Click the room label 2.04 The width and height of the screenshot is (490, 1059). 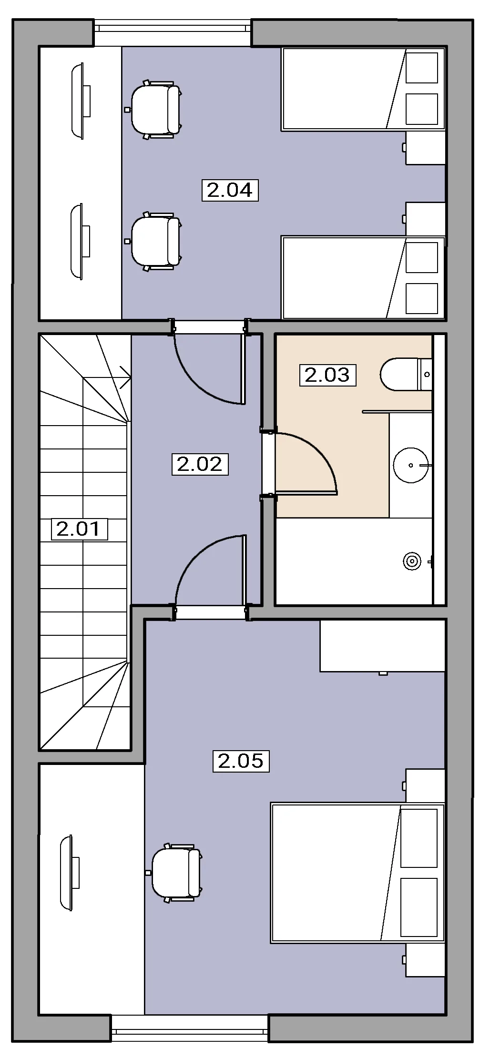click(x=230, y=190)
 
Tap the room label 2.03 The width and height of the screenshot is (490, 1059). click(x=327, y=375)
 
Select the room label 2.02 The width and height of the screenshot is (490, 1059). click(x=200, y=464)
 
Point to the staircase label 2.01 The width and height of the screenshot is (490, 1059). click(x=79, y=529)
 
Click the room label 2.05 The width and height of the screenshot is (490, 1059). click(x=241, y=760)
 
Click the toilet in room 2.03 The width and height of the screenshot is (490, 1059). click(x=406, y=374)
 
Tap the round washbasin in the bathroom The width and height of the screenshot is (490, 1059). click(x=410, y=465)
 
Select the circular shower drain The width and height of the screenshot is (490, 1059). click(x=412, y=561)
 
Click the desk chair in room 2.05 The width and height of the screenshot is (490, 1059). click(x=174, y=872)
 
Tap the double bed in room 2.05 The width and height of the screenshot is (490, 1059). click(x=357, y=873)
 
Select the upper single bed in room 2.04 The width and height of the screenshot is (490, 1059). click(x=363, y=89)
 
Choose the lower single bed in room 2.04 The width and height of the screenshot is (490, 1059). click(x=363, y=277)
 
